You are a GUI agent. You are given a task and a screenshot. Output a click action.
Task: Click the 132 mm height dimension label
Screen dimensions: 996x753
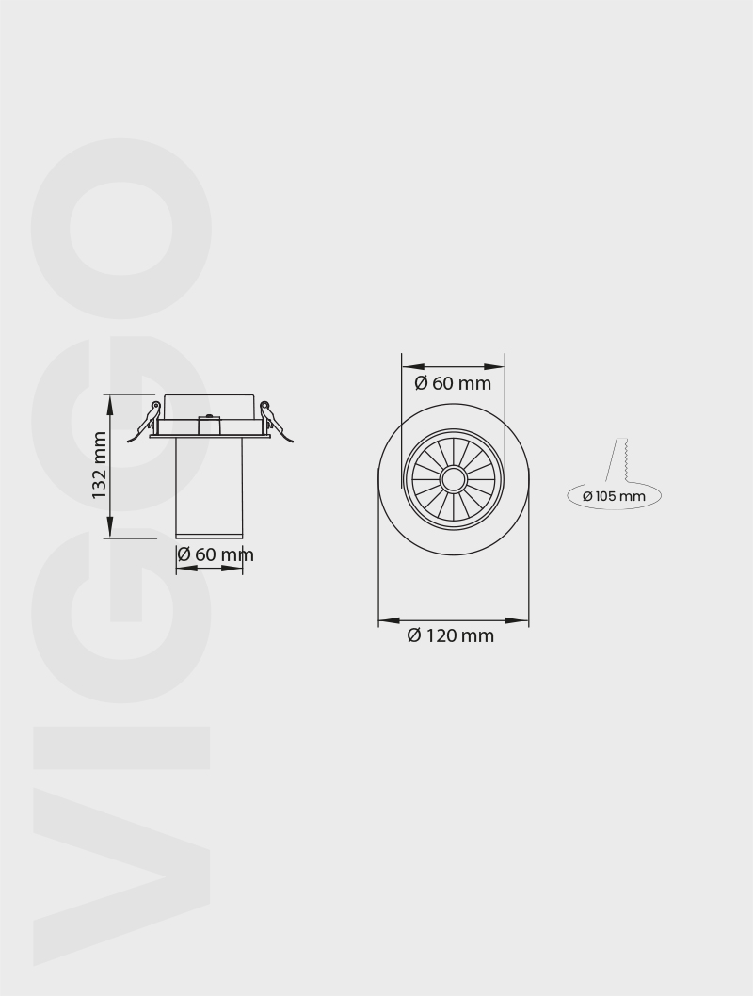click(100, 465)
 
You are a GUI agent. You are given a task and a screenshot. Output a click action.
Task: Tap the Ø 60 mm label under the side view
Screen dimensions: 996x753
click(216, 554)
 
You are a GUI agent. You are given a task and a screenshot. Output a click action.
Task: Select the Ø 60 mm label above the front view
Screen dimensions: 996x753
click(453, 383)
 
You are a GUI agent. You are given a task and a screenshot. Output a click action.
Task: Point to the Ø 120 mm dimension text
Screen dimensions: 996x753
click(450, 636)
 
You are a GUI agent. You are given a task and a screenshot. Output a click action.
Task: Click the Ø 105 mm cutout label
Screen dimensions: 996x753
click(614, 496)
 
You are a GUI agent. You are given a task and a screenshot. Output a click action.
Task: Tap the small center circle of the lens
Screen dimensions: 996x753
click(453, 479)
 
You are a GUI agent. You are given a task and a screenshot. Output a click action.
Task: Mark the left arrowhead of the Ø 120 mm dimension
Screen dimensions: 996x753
click(389, 621)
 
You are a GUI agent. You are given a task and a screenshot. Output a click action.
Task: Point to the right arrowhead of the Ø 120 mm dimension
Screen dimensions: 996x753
click(518, 621)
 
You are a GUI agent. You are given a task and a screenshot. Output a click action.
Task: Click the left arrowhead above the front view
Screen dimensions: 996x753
click(412, 367)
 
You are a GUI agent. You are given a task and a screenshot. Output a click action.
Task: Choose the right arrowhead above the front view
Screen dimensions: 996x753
click(494, 367)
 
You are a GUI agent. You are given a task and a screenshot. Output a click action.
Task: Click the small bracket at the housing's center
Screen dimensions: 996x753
click(208, 425)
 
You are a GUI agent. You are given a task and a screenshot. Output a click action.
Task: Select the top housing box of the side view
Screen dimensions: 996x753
click(208, 408)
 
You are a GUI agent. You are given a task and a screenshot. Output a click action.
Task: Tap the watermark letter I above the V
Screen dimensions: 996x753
click(121, 747)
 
